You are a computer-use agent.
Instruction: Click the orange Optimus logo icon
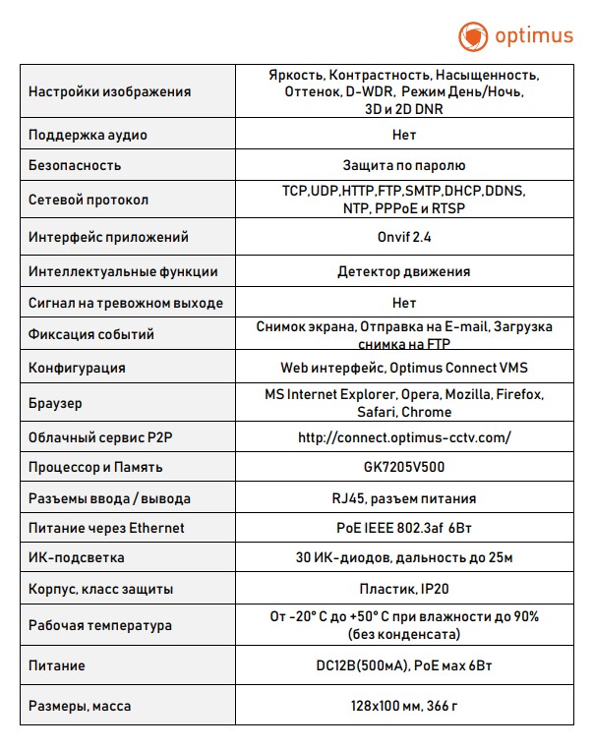pyautogui.click(x=473, y=36)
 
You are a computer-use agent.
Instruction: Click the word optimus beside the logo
pyautogui.click(x=531, y=37)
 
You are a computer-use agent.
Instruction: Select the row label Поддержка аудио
pyautogui.click(x=89, y=135)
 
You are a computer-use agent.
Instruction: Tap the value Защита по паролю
pyautogui.click(x=403, y=165)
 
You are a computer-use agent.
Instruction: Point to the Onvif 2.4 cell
pyautogui.click(x=403, y=237)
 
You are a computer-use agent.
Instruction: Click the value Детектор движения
pyautogui.click(x=403, y=271)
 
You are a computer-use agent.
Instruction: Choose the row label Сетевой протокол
pyautogui.click(x=89, y=200)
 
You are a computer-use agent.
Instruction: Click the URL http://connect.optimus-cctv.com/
pyautogui.click(x=404, y=436)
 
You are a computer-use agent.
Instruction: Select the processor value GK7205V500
pyautogui.click(x=403, y=467)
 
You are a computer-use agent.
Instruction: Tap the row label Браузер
pyautogui.click(x=56, y=403)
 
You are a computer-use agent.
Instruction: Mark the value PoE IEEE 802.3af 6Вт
pyautogui.click(x=403, y=528)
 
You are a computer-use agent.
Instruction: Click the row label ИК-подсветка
pyautogui.click(x=77, y=558)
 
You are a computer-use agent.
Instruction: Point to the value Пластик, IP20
pyautogui.click(x=403, y=589)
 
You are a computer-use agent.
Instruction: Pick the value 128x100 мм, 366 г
pyautogui.click(x=403, y=706)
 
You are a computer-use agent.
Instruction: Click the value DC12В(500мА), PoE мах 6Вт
pyautogui.click(x=403, y=665)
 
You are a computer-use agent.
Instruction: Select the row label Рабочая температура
pyautogui.click(x=100, y=625)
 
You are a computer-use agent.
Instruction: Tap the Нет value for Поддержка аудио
pyautogui.click(x=403, y=135)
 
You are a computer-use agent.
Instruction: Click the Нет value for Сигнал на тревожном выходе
pyautogui.click(x=403, y=303)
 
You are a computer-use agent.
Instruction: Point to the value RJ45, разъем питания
pyautogui.click(x=403, y=497)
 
